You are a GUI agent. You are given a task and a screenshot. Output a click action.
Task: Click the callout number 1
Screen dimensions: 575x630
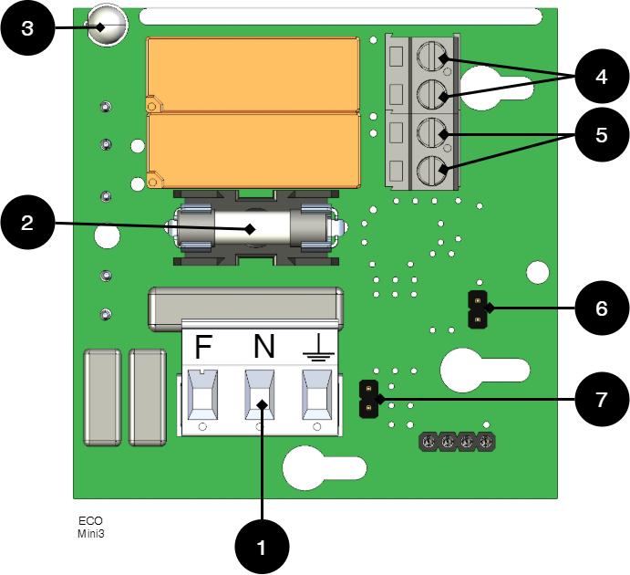pos(262,549)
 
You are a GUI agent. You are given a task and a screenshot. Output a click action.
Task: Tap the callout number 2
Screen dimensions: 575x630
pos(27,223)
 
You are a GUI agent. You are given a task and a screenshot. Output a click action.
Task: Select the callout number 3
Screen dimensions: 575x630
pos(27,28)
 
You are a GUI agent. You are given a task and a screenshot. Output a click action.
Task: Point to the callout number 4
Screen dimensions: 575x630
pos(601,78)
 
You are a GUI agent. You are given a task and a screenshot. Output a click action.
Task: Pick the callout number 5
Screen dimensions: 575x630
pos(601,135)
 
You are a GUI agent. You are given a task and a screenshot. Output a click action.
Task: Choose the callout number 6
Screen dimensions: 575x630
pos(601,308)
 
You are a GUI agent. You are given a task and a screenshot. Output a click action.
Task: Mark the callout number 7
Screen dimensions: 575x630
pos(601,400)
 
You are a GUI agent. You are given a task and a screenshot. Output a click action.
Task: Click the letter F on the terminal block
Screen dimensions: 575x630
pos(203,348)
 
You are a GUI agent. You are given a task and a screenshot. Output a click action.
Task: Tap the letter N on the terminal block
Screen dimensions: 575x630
pos(263,347)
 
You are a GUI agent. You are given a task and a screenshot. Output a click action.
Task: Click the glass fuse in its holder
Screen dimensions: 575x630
pos(252,228)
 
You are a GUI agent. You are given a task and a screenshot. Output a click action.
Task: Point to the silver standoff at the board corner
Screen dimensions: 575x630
pos(106,25)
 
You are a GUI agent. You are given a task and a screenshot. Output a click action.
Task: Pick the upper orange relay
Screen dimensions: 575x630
pos(253,75)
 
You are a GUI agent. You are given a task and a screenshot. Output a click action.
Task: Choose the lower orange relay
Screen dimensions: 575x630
pos(253,151)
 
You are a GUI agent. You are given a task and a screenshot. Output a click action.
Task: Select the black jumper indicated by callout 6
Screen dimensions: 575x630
pos(477,308)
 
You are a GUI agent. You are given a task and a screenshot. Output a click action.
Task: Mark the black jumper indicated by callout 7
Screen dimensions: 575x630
pos(368,399)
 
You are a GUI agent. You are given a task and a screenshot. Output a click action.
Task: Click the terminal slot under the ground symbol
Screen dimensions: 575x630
pos(317,394)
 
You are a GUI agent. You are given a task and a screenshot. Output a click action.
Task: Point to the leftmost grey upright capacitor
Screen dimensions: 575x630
pos(102,397)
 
